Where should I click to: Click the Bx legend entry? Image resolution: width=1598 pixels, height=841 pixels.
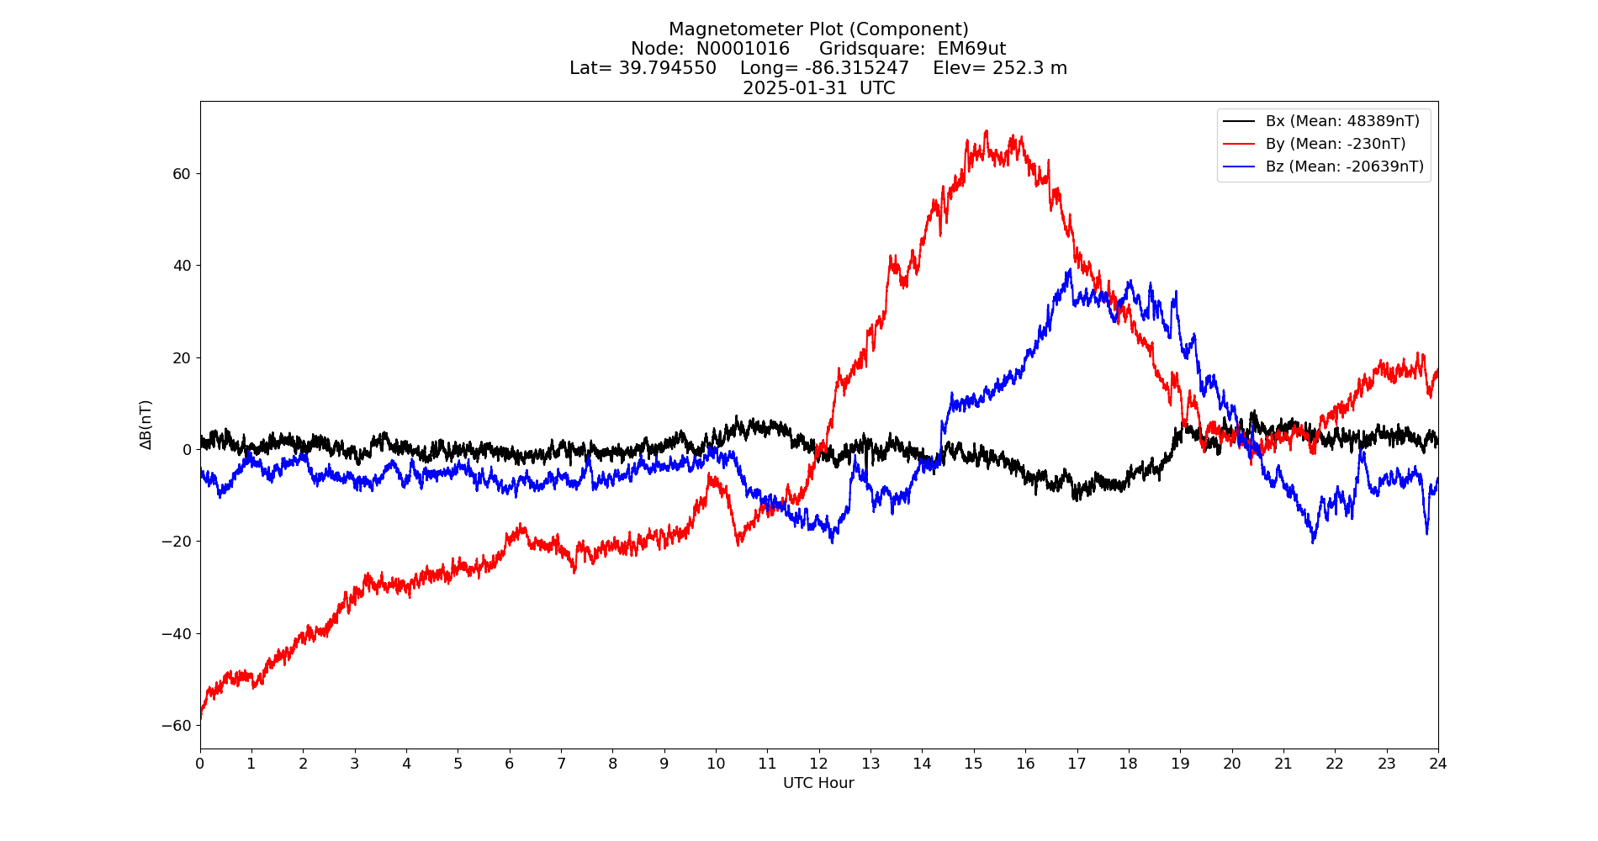tap(1341, 121)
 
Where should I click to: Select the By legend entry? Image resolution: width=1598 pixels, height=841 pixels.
tap(1335, 144)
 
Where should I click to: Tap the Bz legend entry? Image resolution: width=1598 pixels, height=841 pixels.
tap(1344, 167)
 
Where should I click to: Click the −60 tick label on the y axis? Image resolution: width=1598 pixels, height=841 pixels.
tap(177, 726)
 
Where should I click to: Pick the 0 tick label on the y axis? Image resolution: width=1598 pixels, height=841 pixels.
tap(187, 450)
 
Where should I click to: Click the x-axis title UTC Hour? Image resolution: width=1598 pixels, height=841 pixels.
tap(818, 783)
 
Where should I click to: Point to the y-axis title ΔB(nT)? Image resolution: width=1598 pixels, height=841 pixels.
tap(146, 425)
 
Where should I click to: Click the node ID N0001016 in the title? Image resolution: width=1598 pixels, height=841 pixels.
tap(743, 49)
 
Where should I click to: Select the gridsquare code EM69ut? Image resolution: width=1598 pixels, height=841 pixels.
tap(971, 49)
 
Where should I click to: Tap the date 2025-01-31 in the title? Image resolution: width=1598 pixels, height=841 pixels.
tap(795, 88)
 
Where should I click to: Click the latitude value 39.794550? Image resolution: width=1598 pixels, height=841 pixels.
tap(668, 68)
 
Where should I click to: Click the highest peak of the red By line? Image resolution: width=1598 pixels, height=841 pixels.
tap(986, 131)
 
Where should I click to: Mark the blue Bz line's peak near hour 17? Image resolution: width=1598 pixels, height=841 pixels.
tap(1070, 270)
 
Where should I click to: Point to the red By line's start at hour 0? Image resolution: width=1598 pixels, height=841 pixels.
tap(201, 717)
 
